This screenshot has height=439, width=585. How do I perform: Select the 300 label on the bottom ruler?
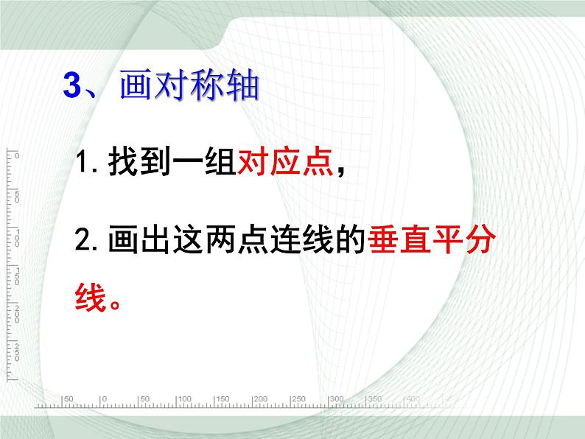[337, 398]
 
